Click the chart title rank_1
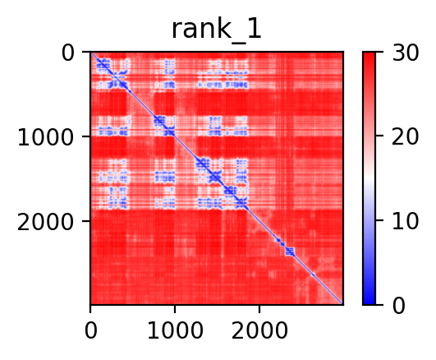tap(216, 30)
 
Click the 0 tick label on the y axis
tap(68, 53)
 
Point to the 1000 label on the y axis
tap(46, 137)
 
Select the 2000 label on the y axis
tap(46, 222)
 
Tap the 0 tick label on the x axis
tap(90, 330)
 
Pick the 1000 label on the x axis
tap(175, 330)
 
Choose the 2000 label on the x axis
tap(259, 330)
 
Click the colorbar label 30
tap(406, 53)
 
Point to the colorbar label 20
tap(406, 136)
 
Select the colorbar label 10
tap(406, 221)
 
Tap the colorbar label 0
tap(399, 306)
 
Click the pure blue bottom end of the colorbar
tap(369, 303)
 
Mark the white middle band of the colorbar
tap(369, 178)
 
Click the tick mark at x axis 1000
tap(175, 308)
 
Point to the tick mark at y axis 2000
tap(87, 221)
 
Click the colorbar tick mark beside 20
tap(379, 136)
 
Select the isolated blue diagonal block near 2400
tap(290, 252)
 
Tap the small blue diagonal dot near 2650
tap(314, 275)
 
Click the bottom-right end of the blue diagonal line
tap(342, 304)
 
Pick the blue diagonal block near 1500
tap(214, 176)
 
